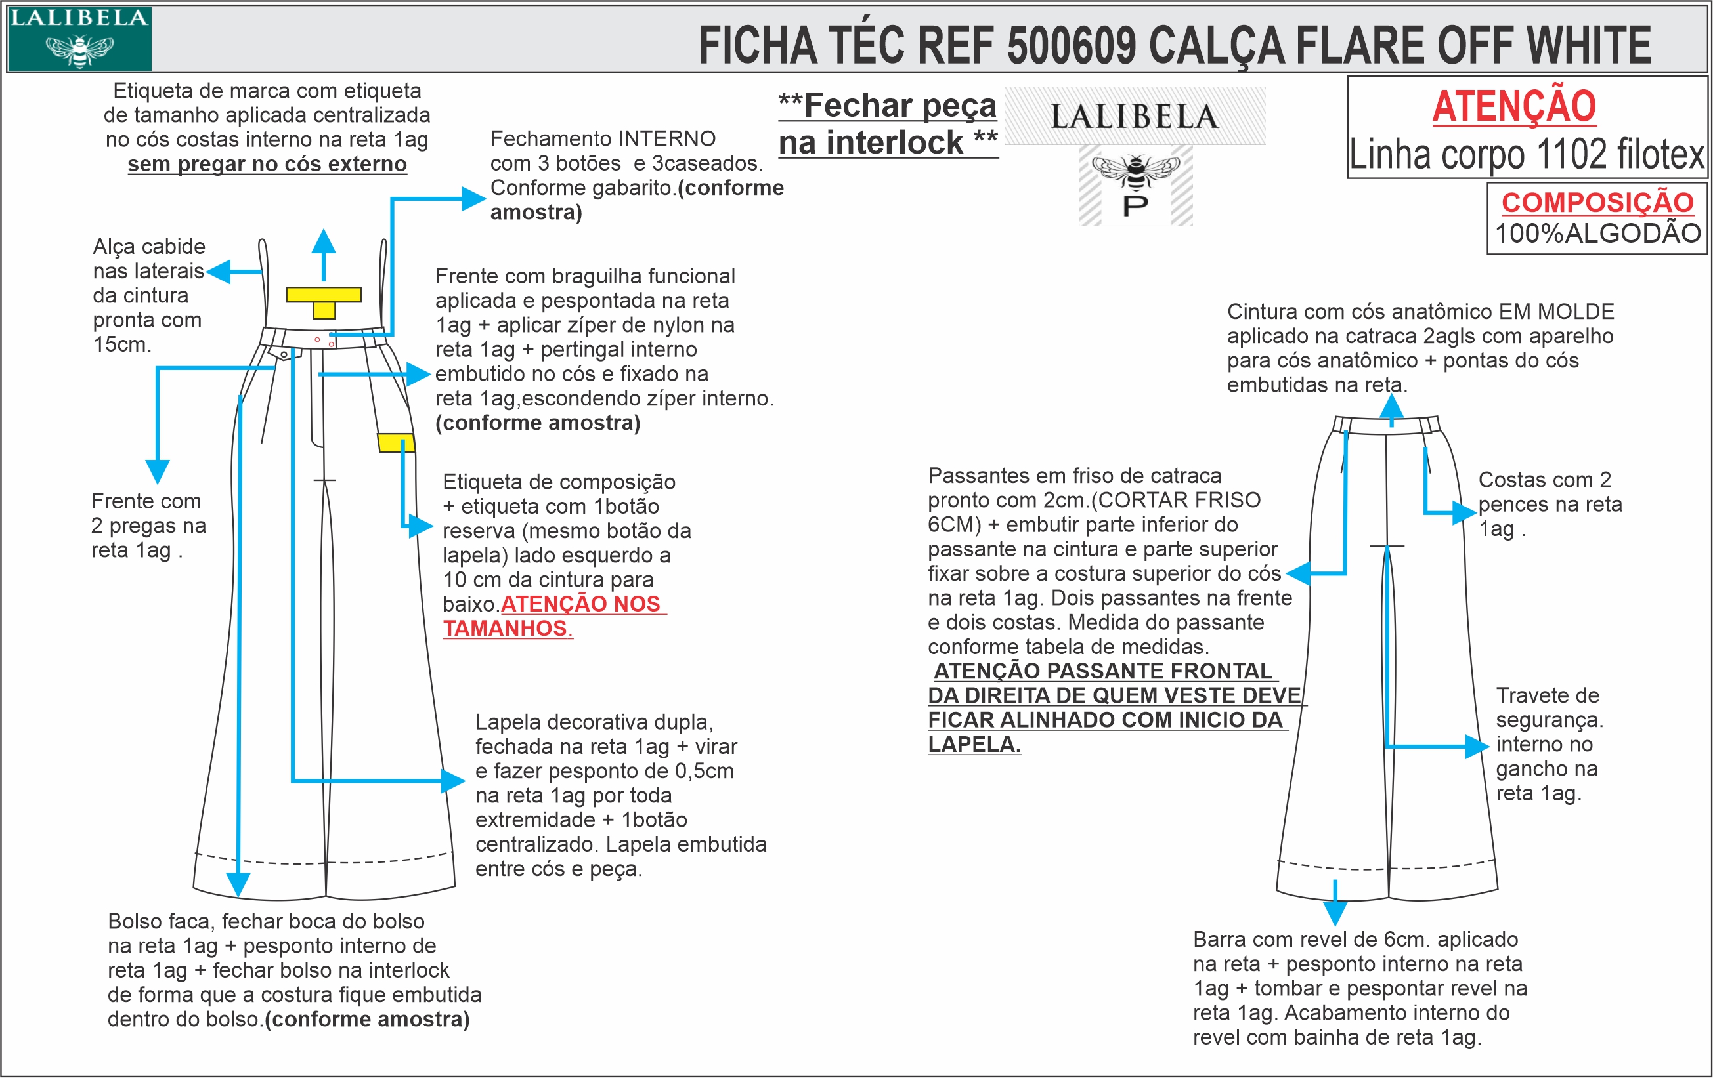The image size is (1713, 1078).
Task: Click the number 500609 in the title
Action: coord(1072,45)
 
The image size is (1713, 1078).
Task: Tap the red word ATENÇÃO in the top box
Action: coord(1514,107)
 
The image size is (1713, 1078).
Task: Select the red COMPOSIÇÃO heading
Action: coord(1597,203)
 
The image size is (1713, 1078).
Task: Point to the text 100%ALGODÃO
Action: coord(1597,233)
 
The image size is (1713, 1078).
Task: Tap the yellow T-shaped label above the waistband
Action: coord(324,300)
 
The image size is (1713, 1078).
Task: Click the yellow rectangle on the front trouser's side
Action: coord(395,442)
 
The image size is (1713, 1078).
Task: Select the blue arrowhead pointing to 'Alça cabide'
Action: coord(218,272)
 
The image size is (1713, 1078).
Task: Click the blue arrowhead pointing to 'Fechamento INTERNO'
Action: coord(473,198)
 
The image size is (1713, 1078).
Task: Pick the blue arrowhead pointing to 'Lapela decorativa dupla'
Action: coord(453,781)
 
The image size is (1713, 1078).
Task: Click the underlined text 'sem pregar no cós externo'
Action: coord(267,163)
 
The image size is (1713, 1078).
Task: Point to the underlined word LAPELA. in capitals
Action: coord(974,745)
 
